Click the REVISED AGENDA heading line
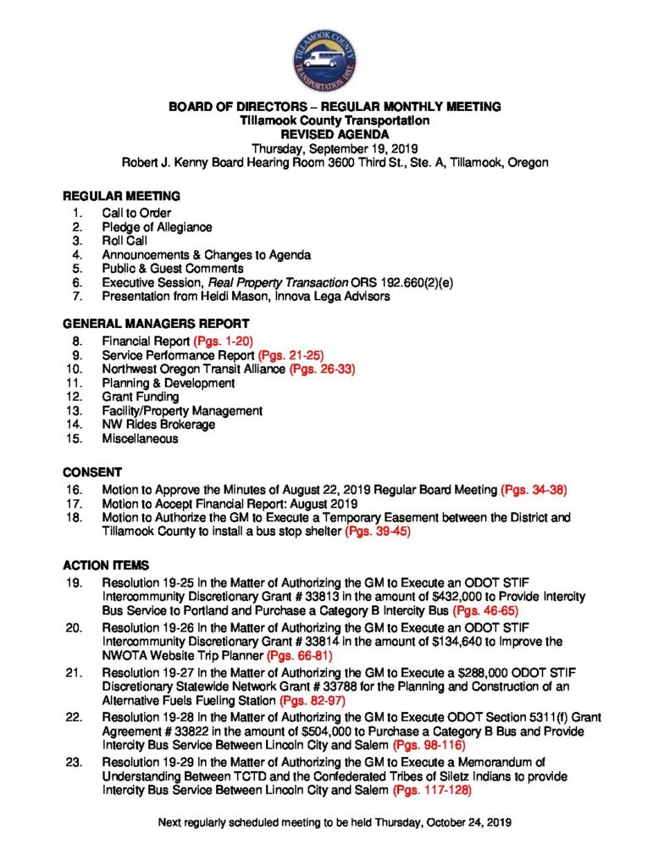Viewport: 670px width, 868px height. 335,134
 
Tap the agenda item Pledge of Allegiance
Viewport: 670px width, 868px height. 157,227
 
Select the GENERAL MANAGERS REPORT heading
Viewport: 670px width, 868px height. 156,324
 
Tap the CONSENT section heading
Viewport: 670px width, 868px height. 93,471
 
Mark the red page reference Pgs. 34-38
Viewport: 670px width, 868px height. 534,490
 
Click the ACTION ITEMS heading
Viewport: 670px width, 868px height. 106,565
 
